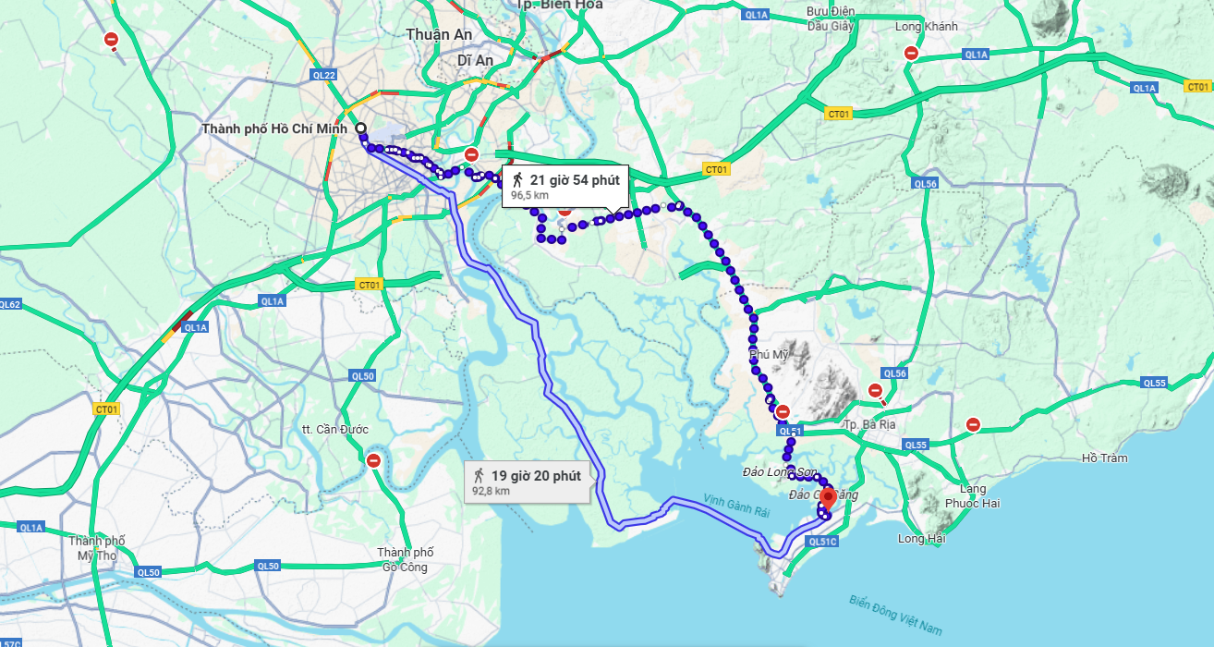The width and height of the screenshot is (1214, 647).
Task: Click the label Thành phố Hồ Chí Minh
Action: coord(274,128)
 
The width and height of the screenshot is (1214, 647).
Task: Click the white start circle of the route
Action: coord(359,128)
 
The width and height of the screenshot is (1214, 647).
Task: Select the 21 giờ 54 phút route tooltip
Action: coord(565,186)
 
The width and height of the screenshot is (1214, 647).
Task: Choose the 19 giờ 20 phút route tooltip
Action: coord(527,482)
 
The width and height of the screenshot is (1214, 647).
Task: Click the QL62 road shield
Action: coord(10,304)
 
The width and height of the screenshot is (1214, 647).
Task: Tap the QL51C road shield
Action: coord(821,542)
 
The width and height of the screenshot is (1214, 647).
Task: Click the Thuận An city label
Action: coord(439,34)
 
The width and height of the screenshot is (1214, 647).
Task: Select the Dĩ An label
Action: coord(476,60)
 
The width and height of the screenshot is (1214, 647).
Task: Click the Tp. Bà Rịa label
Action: coord(866,424)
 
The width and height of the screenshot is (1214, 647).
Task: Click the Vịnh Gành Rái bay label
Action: coord(736,505)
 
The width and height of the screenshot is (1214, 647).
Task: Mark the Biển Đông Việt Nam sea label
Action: coord(895,615)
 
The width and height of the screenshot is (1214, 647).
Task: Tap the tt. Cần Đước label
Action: coord(335,430)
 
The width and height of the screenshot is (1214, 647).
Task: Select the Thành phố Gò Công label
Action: coord(406,560)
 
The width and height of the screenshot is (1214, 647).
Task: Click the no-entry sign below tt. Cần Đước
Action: coord(373,459)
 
